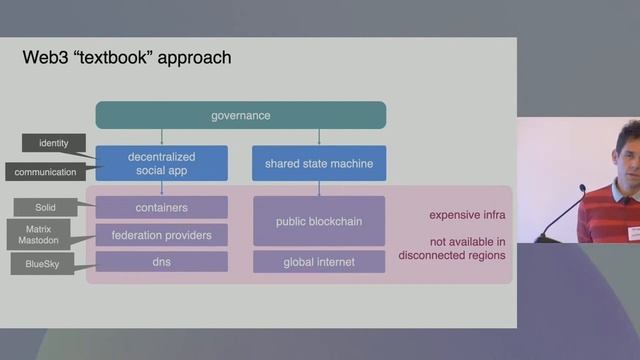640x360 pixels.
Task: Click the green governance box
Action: pos(240,115)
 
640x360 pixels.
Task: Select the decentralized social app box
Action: pos(161,163)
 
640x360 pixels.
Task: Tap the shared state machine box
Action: pos(319,163)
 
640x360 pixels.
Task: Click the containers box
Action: pos(161,208)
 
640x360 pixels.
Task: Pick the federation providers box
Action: pos(161,235)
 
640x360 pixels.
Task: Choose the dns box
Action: pos(161,262)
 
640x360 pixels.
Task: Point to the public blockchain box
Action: pos(319,221)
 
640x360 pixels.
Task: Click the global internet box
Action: pos(319,262)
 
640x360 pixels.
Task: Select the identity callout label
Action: pos(54,143)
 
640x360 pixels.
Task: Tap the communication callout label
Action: pos(45,172)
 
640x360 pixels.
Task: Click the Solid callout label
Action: pos(42,208)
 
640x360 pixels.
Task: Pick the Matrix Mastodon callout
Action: pos(42,236)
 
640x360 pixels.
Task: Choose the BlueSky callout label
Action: pos(42,265)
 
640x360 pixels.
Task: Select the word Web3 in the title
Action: pos(43,57)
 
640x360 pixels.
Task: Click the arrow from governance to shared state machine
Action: pos(319,137)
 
